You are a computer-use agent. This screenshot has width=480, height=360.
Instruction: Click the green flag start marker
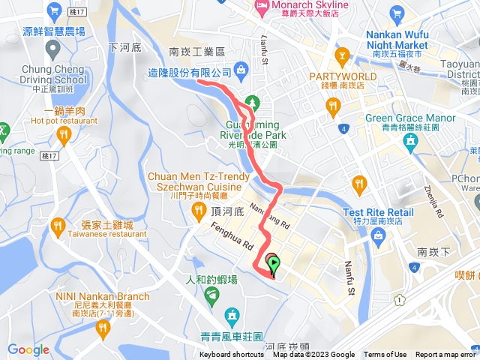click(x=274, y=264)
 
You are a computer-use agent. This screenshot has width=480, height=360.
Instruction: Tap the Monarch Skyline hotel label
click(x=302, y=6)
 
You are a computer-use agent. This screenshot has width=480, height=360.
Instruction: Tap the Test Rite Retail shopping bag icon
click(x=378, y=238)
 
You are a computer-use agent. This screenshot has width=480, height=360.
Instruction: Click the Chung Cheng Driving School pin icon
click(x=52, y=49)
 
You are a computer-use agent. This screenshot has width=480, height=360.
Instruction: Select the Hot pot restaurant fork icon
click(x=63, y=135)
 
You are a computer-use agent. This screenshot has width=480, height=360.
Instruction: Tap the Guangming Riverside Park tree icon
click(x=253, y=101)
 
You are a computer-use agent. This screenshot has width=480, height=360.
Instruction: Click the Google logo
click(x=28, y=349)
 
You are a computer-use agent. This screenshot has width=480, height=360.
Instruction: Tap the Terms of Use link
click(x=385, y=355)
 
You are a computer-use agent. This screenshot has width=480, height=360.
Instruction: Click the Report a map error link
click(x=446, y=355)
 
